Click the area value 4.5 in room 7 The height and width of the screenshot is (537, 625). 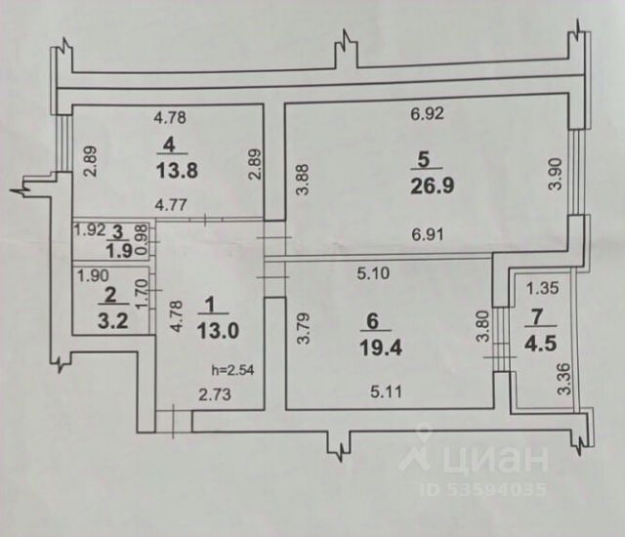(x=542, y=341)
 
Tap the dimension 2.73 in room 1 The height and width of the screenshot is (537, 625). (x=214, y=394)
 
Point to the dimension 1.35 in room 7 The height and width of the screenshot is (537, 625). (x=542, y=289)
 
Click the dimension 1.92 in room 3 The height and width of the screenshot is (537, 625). (x=90, y=231)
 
